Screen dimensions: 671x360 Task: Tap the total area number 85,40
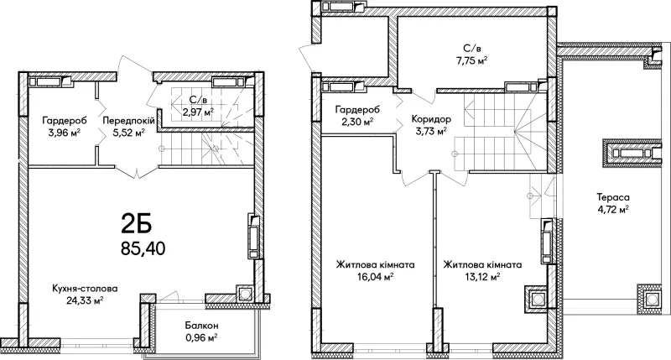143,248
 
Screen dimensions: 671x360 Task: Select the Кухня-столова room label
85,289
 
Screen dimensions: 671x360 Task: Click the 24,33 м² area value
85,300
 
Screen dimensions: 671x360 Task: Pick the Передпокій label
128,121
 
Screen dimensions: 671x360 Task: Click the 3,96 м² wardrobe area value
65,133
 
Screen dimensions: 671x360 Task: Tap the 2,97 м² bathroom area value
198,112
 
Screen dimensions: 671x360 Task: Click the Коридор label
431,119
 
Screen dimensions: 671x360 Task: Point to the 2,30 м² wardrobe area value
357,122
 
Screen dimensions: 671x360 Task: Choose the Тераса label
613,197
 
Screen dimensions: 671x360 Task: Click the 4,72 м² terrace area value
612,210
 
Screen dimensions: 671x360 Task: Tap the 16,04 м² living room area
375,277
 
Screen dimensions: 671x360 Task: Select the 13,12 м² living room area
482,277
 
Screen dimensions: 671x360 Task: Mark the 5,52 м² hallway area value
128,133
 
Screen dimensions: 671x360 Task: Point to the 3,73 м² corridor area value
431,131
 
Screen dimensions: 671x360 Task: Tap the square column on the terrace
652,298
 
